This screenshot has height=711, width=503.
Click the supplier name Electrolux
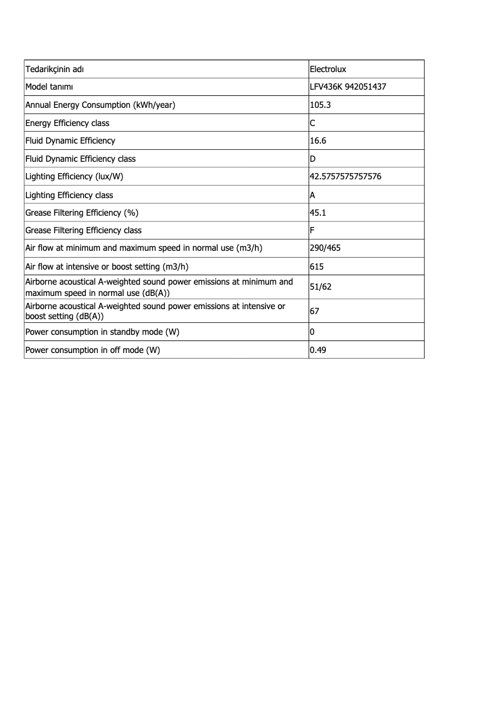point(328,69)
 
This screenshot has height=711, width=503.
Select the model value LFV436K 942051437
point(347,87)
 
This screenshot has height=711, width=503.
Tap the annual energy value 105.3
point(320,105)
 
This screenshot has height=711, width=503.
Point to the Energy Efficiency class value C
point(313,123)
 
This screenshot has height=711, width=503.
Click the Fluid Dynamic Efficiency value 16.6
point(318,140)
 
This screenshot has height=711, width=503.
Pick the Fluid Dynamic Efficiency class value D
point(313,159)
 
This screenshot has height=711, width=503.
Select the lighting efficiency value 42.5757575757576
point(346,177)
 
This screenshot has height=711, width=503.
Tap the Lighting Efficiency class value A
point(313,195)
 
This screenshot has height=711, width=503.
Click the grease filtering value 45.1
point(318,213)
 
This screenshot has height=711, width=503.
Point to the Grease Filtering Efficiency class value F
point(312,230)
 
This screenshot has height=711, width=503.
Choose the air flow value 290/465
point(326,248)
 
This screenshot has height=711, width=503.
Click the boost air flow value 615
point(317,266)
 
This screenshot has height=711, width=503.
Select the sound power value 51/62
point(320,287)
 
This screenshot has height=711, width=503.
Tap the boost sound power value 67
point(315,311)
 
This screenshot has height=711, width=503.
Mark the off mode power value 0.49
point(318,350)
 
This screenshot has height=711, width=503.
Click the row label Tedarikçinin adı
point(55,69)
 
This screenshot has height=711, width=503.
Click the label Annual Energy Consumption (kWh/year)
point(100,105)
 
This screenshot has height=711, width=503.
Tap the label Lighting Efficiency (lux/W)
point(74,177)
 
